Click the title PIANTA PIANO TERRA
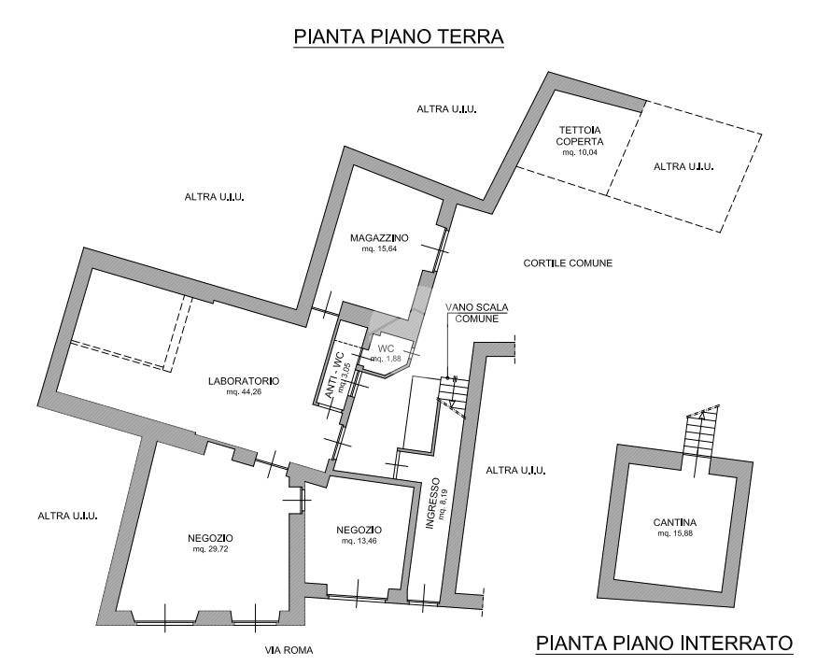[399, 36]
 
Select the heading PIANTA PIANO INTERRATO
[664, 643]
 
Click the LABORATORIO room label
[246, 381]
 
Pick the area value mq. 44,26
[246, 392]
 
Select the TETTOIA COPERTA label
[580, 135]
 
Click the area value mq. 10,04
[580, 152]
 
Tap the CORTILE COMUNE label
[568, 263]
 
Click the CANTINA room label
[676, 523]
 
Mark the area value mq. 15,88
[676, 534]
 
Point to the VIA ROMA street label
[288, 650]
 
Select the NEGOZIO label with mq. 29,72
[210, 538]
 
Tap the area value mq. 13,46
[359, 542]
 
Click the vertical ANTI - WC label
[331, 377]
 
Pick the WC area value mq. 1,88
[387, 359]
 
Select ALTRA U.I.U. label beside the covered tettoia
[683, 166]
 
